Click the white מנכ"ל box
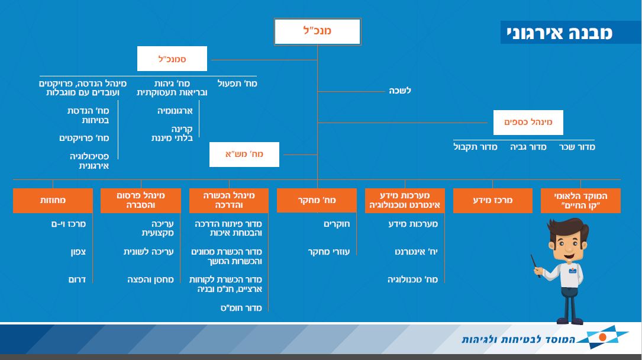click(317, 31)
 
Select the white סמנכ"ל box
click(172, 59)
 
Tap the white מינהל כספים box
click(528, 123)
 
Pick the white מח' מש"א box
click(244, 155)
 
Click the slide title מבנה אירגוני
click(560, 33)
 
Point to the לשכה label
click(400, 91)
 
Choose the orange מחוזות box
click(53, 200)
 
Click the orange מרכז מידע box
click(493, 200)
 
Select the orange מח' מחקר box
click(317, 200)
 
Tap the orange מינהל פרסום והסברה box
click(140, 200)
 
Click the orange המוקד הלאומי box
click(580, 200)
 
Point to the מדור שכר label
click(578, 147)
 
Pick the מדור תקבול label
click(475, 147)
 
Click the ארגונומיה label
click(175, 111)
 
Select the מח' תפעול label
click(237, 83)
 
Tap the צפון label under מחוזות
click(78, 252)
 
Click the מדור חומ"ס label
click(241, 308)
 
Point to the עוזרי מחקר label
click(329, 252)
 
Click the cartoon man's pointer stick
click(535, 266)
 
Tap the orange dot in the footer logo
click(602, 337)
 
